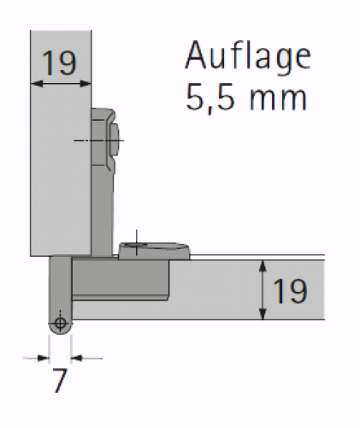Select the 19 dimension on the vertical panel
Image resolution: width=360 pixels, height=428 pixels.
click(59, 63)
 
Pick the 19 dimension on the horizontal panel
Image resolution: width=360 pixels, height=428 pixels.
click(290, 291)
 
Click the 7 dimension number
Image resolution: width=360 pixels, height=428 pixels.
click(60, 380)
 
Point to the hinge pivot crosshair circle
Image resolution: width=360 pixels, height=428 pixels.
click(60, 324)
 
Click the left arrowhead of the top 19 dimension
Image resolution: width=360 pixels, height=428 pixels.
click(37, 84)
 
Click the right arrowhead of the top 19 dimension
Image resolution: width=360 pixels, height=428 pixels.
click(86, 84)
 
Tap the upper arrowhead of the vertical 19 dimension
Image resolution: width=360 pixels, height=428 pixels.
click(263, 266)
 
